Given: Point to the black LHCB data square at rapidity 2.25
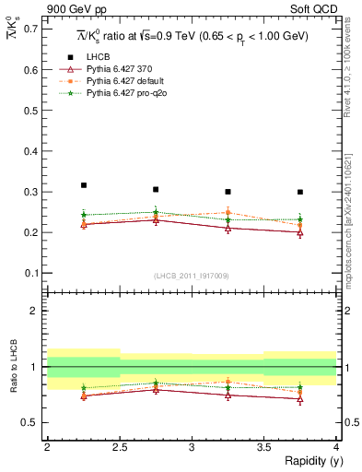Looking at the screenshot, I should coord(83,185).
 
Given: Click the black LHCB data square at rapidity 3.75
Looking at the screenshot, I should coord(300,192).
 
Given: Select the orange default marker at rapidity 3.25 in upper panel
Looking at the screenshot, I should coord(228,212).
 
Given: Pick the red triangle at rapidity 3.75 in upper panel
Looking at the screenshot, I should coord(300,232).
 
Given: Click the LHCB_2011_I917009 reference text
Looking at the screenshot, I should coord(192,276).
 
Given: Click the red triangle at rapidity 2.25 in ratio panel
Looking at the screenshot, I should coord(83,395).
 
